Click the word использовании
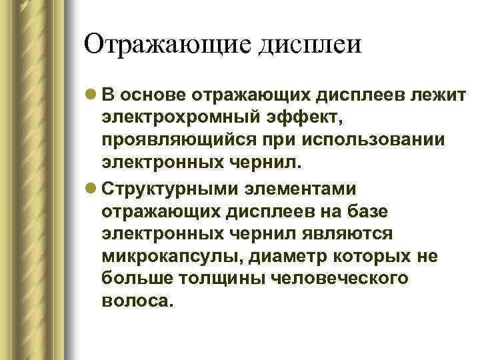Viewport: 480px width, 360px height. click(358, 142)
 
